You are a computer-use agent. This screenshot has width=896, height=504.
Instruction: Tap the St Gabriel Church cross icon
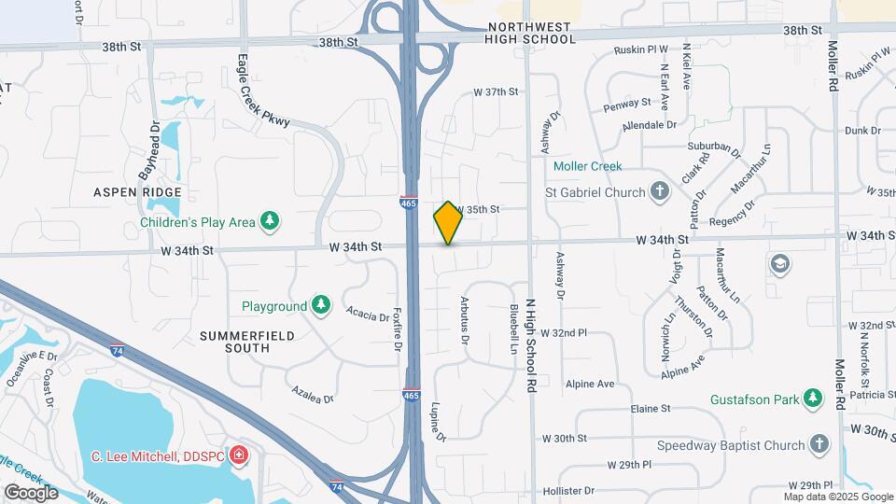[x=660, y=192]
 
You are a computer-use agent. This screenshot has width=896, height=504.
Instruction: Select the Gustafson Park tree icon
[x=814, y=399]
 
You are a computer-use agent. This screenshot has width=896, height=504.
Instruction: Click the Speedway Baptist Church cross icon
[x=819, y=445]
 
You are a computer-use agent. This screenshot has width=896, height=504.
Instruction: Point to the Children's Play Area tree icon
[x=270, y=221]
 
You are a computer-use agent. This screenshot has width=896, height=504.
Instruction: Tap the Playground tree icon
[x=320, y=305]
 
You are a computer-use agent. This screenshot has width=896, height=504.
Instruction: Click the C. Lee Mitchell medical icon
[x=239, y=455]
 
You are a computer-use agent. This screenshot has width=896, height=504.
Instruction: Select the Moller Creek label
[x=587, y=166]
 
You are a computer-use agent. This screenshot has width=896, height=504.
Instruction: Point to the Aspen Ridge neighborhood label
[x=136, y=191]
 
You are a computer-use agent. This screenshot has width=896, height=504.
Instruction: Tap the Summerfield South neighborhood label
[x=234, y=342]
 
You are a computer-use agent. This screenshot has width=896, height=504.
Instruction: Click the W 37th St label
[x=495, y=91]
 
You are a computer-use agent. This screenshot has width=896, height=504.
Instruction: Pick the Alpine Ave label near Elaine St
[x=590, y=384]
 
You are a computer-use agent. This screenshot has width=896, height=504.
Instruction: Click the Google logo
[x=31, y=492]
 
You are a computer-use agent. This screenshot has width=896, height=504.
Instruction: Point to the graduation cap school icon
[x=779, y=265]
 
